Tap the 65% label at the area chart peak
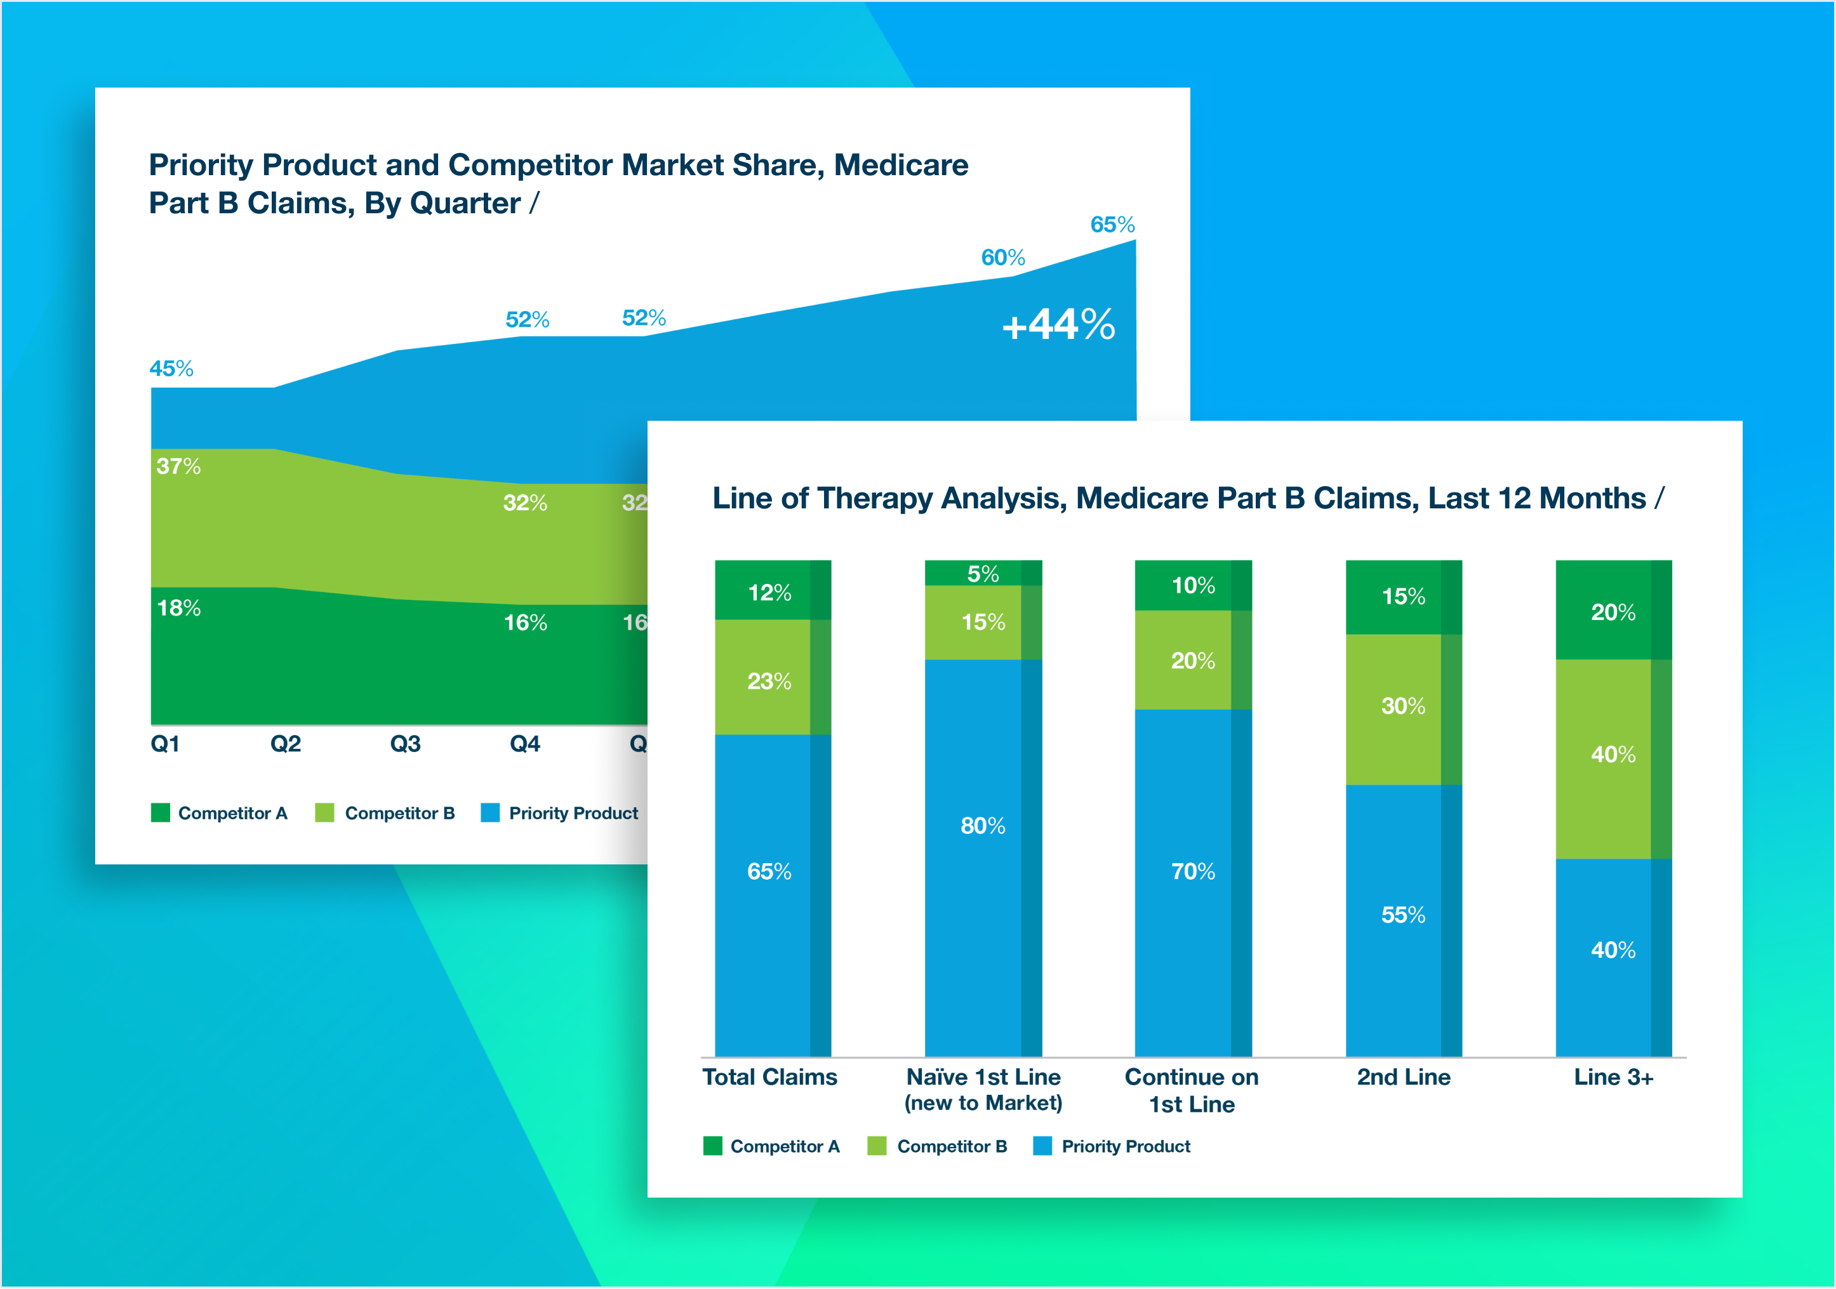pyautogui.click(x=1112, y=225)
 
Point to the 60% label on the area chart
pyautogui.click(x=1003, y=258)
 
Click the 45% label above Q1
pyautogui.click(x=171, y=369)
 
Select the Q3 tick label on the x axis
pyautogui.click(x=404, y=744)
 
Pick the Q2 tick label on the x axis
pyautogui.click(x=286, y=744)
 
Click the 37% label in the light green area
pyautogui.click(x=178, y=466)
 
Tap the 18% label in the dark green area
pyautogui.click(x=178, y=608)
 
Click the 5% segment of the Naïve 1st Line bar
pyautogui.click(x=983, y=573)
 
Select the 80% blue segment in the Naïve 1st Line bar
pyautogui.click(x=983, y=825)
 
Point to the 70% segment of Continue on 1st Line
pyautogui.click(x=1192, y=871)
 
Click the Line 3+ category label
pyautogui.click(x=1613, y=1077)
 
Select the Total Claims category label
pyautogui.click(x=769, y=1077)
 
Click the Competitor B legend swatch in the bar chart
pyautogui.click(x=877, y=1146)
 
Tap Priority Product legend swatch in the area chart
pyautogui.click(x=490, y=812)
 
